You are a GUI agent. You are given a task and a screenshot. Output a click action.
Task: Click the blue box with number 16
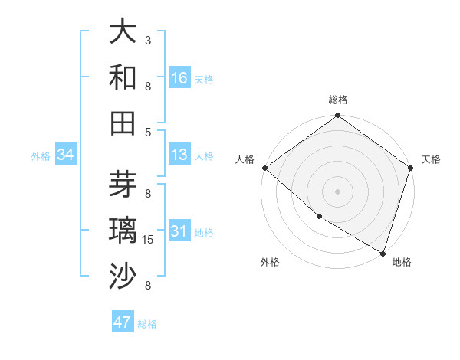pyautogui.click(x=179, y=78)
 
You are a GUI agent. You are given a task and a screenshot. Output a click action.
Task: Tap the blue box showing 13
pyautogui.click(x=179, y=155)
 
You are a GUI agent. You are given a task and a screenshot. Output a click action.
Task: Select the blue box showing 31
pyautogui.click(x=179, y=232)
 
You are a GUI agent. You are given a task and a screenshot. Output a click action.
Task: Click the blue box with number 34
pyautogui.click(x=66, y=155)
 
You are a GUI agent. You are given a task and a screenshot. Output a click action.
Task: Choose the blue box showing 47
pyautogui.click(x=123, y=322)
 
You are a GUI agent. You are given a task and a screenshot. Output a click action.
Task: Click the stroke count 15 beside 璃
pyautogui.click(x=149, y=240)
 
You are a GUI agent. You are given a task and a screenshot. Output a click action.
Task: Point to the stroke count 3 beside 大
pyautogui.click(x=148, y=40)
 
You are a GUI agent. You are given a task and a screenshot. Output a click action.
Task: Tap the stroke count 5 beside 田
pyautogui.click(x=148, y=132)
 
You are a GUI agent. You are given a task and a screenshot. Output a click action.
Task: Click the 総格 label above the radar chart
pyautogui.click(x=337, y=100)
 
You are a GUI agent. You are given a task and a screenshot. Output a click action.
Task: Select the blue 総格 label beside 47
pyautogui.click(x=147, y=324)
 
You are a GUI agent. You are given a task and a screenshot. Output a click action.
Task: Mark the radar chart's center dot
pyautogui.click(x=337, y=191)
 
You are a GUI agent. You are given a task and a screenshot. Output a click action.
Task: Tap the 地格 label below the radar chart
pyautogui.click(x=402, y=262)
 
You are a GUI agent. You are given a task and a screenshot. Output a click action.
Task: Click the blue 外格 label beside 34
pyautogui.click(x=41, y=156)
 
